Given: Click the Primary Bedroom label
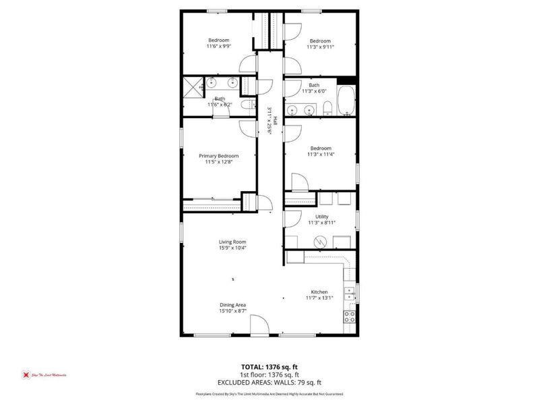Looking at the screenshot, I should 218,156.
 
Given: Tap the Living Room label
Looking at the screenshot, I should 232,242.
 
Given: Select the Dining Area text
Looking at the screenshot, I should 232,305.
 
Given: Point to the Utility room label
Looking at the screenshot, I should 321,216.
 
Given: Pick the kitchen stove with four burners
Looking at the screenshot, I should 350,316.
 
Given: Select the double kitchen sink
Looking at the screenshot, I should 350,292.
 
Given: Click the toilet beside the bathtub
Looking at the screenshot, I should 327,109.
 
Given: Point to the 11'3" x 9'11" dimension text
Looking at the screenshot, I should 320,47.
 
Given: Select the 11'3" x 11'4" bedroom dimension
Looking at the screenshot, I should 321,155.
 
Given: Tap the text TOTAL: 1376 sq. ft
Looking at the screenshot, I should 269,367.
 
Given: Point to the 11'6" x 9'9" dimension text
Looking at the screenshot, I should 218,47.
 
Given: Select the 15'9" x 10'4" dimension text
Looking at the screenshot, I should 232,248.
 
